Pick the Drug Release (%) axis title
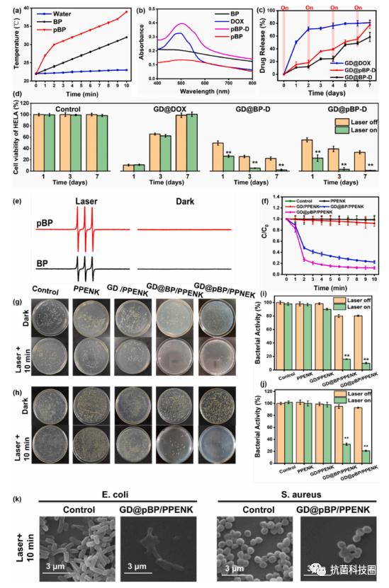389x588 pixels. point(266,42)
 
